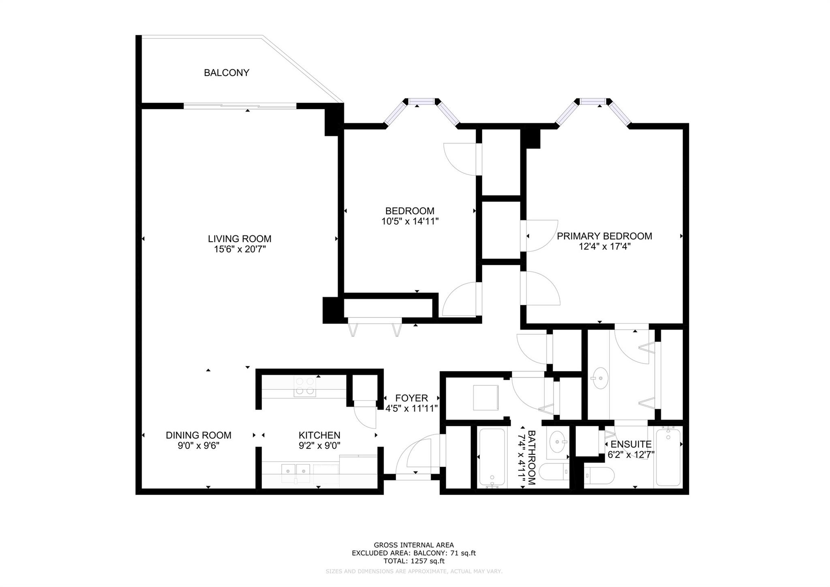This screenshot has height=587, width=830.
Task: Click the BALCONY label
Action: click(x=226, y=73)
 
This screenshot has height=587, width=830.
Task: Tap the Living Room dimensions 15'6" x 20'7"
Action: click(x=240, y=249)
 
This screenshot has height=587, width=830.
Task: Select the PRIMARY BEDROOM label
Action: click(x=604, y=236)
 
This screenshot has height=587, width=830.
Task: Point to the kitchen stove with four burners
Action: click(x=304, y=386)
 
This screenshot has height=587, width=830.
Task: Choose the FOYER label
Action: click(x=411, y=398)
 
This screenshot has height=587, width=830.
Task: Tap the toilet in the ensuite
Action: click(x=599, y=475)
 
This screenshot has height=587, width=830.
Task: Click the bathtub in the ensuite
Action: click(x=668, y=457)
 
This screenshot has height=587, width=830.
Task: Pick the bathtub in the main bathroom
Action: click(x=492, y=458)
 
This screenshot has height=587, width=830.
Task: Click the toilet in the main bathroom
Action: click(x=556, y=472)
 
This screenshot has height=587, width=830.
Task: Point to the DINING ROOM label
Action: click(x=199, y=435)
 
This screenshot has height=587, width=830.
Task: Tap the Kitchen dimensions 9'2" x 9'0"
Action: click(x=319, y=445)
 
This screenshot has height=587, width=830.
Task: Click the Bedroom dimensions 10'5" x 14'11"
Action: click(x=410, y=221)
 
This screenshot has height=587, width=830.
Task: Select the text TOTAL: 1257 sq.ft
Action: click(x=414, y=561)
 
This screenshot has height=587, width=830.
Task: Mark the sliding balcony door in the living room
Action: click(x=240, y=106)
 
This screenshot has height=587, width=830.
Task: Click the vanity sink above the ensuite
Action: click(x=600, y=378)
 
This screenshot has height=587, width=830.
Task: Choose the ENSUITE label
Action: click(x=631, y=444)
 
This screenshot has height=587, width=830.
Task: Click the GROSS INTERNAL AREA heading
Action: click(x=414, y=545)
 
